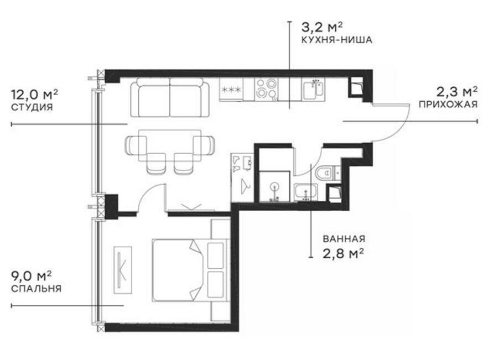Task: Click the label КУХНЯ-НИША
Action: point(336,40)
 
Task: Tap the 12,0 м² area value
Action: point(34,94)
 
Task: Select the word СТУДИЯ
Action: point(32,107)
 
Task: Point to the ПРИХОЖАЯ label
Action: point(448,104)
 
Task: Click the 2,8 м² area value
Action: point(343,254)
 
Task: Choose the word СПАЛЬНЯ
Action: point(36,289)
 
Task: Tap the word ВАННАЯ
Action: point(344,239)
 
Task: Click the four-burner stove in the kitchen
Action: point(266,89)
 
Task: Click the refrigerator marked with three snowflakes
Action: point(231,90)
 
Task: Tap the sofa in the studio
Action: point(170,98)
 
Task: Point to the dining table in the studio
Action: point(170,145)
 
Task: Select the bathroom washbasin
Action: point(305,192)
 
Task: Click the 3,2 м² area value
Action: point(321,27)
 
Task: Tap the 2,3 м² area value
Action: point(456,92)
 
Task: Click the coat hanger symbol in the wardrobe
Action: point(245,186)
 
